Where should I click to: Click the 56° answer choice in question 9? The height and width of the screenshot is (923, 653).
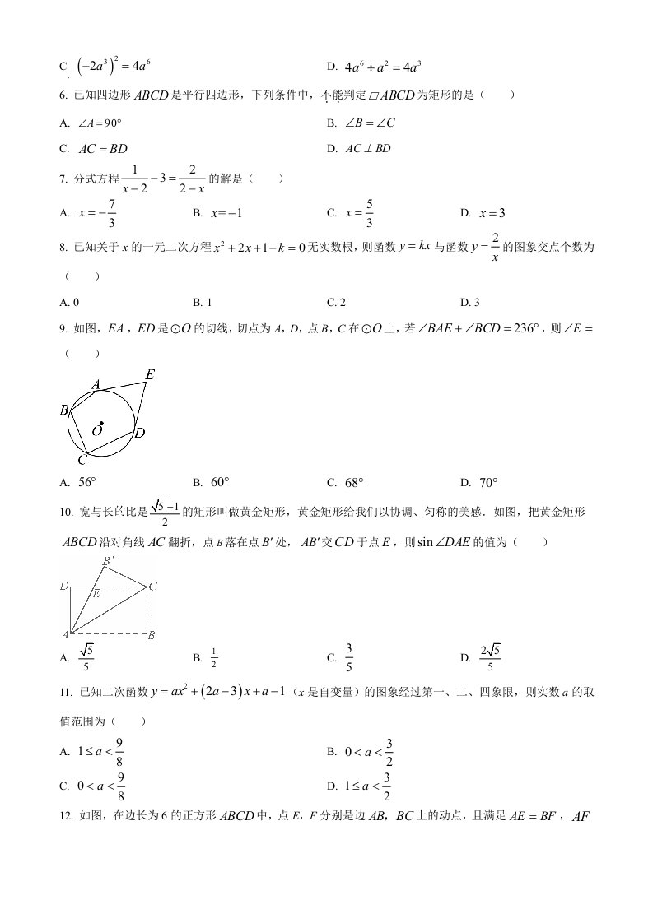tap(87, 483)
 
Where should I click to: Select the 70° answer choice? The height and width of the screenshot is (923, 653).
tap(489, 483)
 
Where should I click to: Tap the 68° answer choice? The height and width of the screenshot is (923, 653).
tap(354, 483)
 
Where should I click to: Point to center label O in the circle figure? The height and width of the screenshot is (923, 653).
tap(97, 430)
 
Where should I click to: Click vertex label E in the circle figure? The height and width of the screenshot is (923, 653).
tap(149, 375)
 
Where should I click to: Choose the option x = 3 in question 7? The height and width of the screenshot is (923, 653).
tap(491, 213)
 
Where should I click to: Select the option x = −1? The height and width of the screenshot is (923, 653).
tap(228, 213)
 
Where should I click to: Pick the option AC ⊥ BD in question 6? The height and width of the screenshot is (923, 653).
tap(367, 149)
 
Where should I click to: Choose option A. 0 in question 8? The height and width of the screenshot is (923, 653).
tap(70, 302)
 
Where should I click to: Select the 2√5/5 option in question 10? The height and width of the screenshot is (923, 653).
tap(491, 656)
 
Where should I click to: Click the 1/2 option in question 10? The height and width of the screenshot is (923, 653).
tap(213, 657)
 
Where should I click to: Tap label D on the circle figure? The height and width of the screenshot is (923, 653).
tap(140, 432)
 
